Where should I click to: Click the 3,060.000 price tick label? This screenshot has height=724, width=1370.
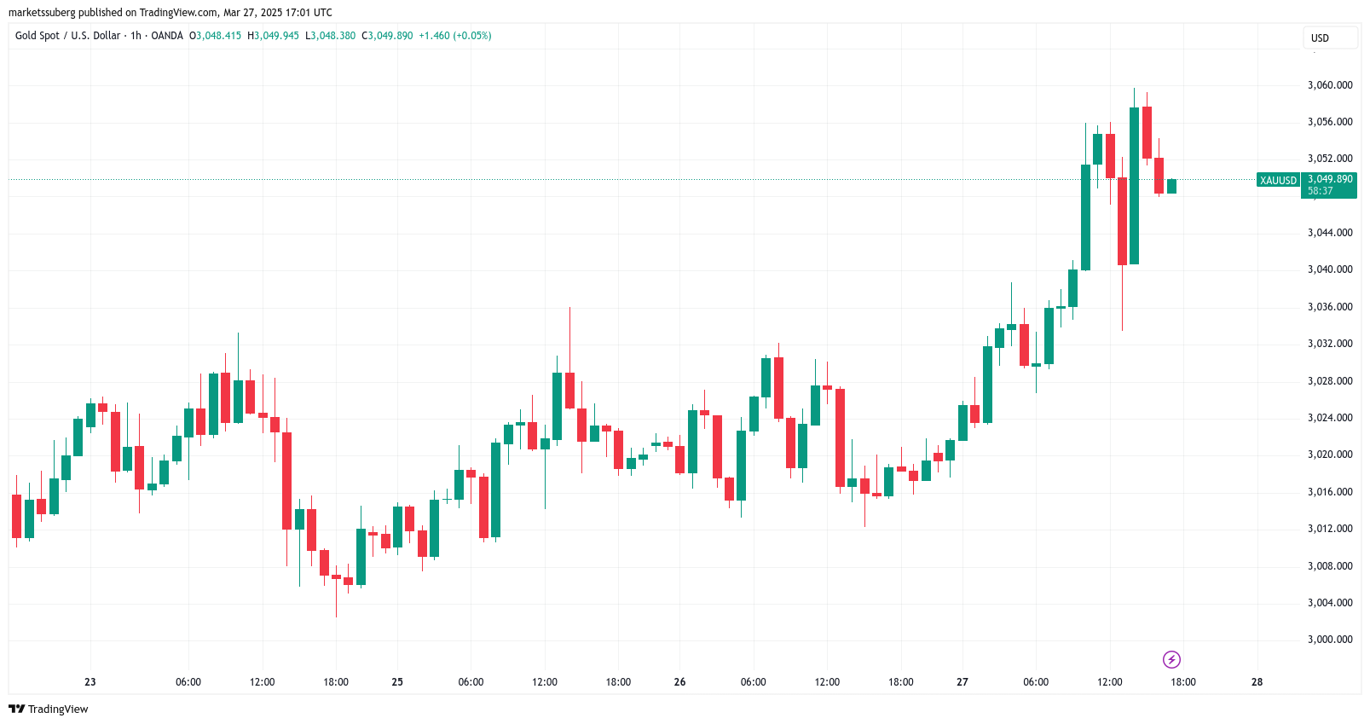(x=1330, y=85)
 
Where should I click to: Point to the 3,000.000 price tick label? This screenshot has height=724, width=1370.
(x=1330, y=640)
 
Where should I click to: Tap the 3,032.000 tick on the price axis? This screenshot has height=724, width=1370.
(x=1330, y=344)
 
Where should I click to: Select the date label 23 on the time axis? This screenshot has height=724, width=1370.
(x=90, y=682)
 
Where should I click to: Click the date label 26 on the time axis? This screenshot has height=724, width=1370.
(x=679, y=682)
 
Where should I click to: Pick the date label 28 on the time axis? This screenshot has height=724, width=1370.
(x=1257, y=682)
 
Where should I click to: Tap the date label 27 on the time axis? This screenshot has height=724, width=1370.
(x=962, y=682)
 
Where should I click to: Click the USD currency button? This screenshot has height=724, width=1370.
(x=1320, y=38)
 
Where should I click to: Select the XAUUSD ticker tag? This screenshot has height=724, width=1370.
(x=1278, y=181)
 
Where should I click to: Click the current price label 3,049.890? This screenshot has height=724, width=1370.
(x=1330, y=179)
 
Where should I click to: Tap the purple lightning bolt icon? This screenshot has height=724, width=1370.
(x=1171, y=659)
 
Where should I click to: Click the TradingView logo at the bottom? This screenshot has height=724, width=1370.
(x=49, y=710)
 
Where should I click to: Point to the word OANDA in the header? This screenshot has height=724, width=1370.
(x=167, y=36)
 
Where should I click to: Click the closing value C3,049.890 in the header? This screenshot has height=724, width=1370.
(x=387, y=36)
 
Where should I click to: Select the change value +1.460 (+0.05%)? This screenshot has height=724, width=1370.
(x=454, y=36)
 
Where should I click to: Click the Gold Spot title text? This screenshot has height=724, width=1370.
(x=38, y=36)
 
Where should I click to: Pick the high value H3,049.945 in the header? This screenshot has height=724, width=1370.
(x=273, y=36)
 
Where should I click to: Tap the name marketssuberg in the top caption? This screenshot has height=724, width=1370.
(x=42, y=13)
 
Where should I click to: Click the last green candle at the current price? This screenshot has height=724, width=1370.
(x=1171, y=186)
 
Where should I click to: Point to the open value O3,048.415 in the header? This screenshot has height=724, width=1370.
(x=215, y=36)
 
